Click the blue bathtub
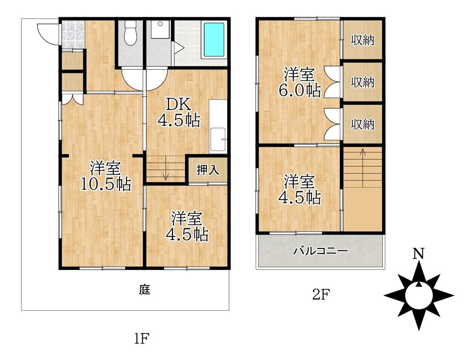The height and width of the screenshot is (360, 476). click(214, 39)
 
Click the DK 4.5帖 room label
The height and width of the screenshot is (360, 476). click(179, 113)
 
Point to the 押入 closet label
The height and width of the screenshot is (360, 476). click(208, 170)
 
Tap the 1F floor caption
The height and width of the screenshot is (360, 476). click(141, 338)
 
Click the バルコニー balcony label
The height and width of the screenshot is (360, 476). click(321, 251)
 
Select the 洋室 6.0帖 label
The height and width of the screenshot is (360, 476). click(300, 82)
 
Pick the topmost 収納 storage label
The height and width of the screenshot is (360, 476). click(363, 40)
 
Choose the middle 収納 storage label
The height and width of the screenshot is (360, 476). click(363, 83)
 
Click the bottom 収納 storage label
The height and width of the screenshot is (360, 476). click(363, 124)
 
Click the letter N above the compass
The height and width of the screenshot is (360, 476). click(419, 254)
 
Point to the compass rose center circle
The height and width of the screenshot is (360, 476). click(419, 295)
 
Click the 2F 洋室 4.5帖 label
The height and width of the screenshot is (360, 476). click(300, 190)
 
